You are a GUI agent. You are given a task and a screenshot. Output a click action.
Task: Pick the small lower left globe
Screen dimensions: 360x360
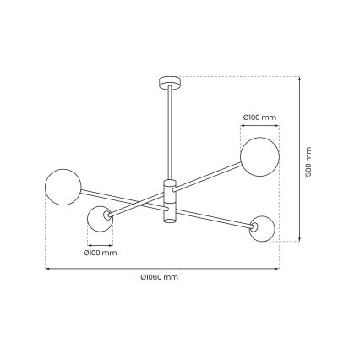click(102, 221)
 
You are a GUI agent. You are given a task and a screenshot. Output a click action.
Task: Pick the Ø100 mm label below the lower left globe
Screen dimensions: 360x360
click(101, 253)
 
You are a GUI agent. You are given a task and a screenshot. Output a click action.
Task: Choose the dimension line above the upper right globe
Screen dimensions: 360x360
click(259, 124)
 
